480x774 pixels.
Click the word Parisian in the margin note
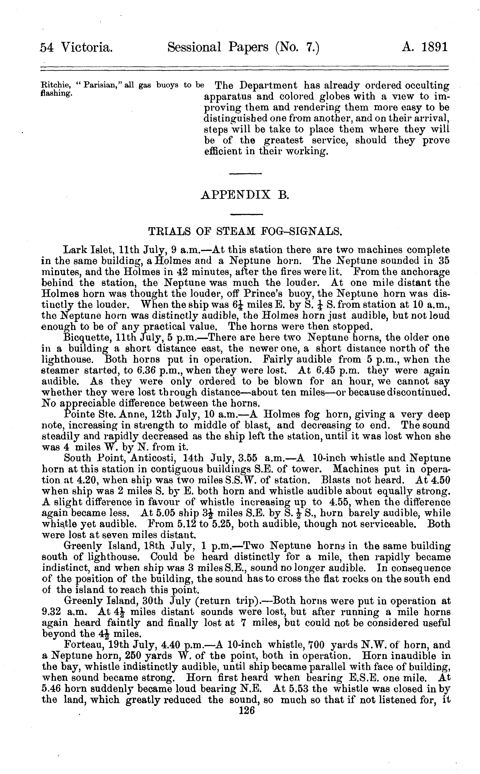[103, 85]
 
